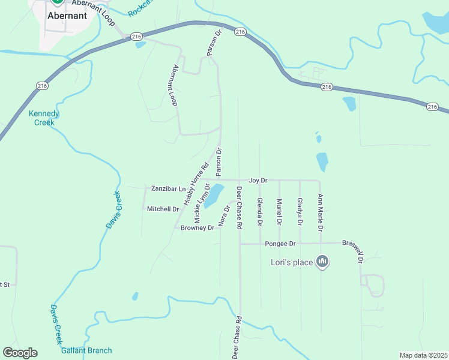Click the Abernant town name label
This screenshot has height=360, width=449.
pos(67,16)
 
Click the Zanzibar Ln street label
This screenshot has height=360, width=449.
pos(169,188)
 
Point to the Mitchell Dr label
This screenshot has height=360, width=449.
pos(163,209)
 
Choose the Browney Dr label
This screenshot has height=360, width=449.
pos(197,228)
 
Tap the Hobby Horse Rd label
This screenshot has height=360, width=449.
pos(196,184)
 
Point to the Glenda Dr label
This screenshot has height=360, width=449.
pos(260,212)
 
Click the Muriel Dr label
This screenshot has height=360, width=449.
pos(280,212)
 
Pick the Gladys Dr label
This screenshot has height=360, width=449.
pos(300,212)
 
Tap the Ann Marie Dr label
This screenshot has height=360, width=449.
pos(321,213)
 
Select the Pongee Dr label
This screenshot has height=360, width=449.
pos(280,244)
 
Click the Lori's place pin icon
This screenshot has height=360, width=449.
pos(322,262)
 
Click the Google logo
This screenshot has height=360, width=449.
pos(20,353)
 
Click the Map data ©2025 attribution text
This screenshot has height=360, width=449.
pos(423,355)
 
